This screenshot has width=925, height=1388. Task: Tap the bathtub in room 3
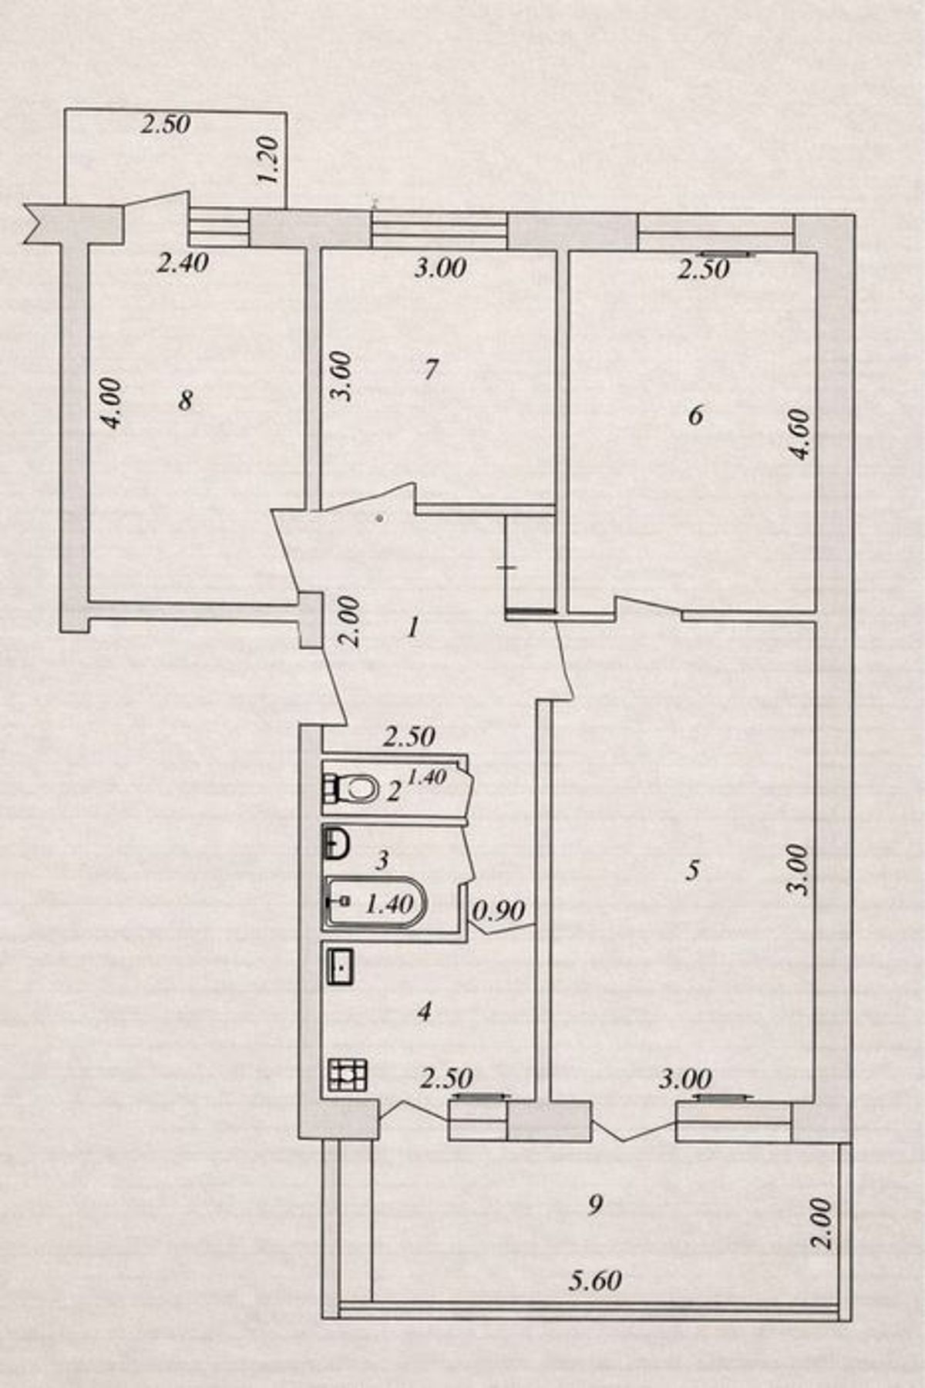pos(375,902)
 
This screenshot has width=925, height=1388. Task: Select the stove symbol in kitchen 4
pos(348,1075)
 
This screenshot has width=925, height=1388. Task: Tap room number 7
pos(431,370)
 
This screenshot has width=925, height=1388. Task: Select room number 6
pos(695,416)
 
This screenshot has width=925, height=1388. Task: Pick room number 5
pos(692,871)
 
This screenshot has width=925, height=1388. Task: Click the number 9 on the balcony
pos(594,1204)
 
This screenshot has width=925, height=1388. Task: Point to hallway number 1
pos(413,628)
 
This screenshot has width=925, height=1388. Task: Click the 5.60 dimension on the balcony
pos(595,1281)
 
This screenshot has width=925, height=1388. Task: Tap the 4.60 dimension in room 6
pos(801,435)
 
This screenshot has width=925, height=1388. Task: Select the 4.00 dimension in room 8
pos(111,403)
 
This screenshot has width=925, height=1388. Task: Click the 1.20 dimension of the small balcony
pos(268,161)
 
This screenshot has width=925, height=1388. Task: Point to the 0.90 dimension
pos(499,911)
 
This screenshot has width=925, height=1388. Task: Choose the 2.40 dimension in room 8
pos(183,263)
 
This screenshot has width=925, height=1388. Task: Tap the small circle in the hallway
pos(379,519)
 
